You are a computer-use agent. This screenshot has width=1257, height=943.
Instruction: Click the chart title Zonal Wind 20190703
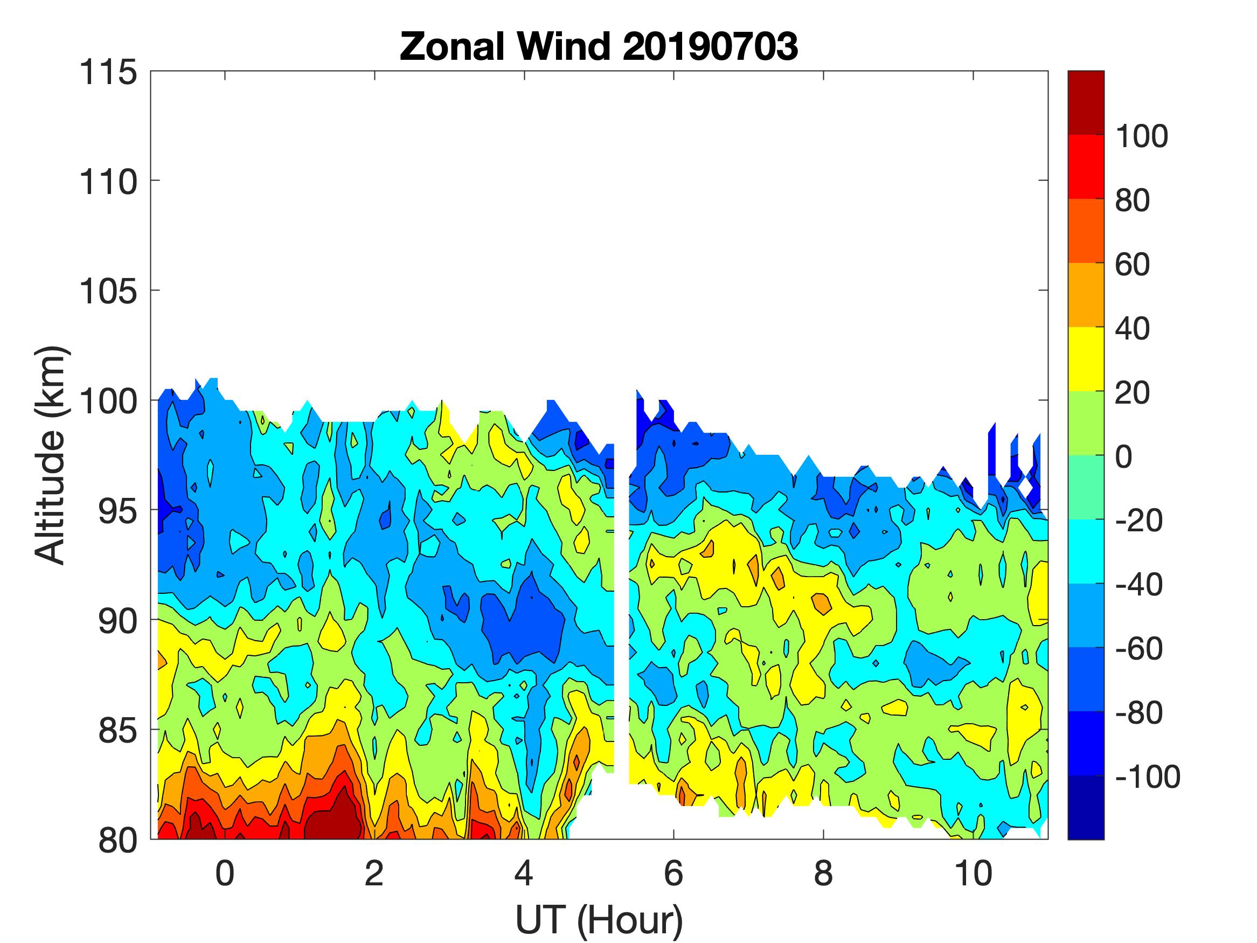(599, 46)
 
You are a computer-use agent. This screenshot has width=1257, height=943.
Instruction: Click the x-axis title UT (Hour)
(599, 920)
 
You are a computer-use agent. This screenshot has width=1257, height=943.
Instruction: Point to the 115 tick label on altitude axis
(108, 73)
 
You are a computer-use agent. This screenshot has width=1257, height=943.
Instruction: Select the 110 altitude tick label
(108, 183)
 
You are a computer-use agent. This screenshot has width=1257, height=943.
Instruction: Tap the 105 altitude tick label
(108, 292)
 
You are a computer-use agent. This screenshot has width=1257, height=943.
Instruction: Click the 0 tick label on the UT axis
(225, 873)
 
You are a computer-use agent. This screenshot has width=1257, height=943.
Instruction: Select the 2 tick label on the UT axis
(374, 873)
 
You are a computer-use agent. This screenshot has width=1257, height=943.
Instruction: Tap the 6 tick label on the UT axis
(673, 873)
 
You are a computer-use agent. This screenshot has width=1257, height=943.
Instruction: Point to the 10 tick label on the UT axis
(973, 873)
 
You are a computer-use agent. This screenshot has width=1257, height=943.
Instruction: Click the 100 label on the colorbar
(1141, 136)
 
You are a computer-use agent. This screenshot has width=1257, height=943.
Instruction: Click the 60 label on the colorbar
(1132, 265)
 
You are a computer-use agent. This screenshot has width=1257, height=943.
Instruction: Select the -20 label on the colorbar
(1139, 521)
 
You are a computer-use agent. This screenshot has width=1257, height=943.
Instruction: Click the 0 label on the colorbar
(1123, 456)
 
